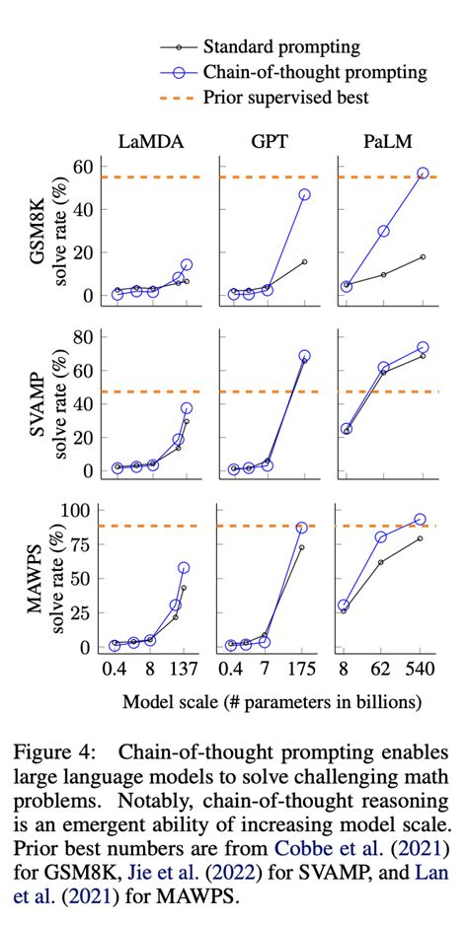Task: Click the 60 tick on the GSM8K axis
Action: tap(86, 166)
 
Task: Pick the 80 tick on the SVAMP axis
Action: tap(86, 337)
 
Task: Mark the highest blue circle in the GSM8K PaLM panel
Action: tap(423, 173)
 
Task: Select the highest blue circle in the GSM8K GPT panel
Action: tap(304, 194)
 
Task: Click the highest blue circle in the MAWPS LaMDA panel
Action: tap(184, 568)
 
